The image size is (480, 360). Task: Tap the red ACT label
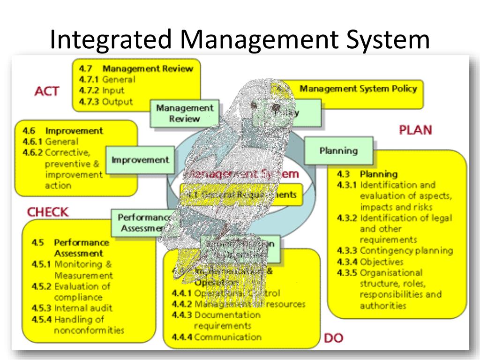(47, 91)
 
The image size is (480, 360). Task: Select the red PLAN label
(415, 130)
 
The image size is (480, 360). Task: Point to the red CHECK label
(48, 212)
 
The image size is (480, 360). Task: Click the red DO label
(333, 337)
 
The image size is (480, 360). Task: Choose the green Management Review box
(184, 113)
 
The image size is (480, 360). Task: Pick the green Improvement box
(140, 160)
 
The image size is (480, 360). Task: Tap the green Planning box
(338, 150)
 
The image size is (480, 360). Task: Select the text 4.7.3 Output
(106, 101)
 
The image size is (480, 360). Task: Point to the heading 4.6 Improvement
(63, 130)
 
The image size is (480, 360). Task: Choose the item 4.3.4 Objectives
(370, 262)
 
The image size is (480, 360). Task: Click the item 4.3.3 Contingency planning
(395, 250)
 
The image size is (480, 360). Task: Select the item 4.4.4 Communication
(217, 337)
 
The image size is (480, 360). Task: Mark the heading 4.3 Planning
(367, 174)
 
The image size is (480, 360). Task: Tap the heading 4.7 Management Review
(136, 68)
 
